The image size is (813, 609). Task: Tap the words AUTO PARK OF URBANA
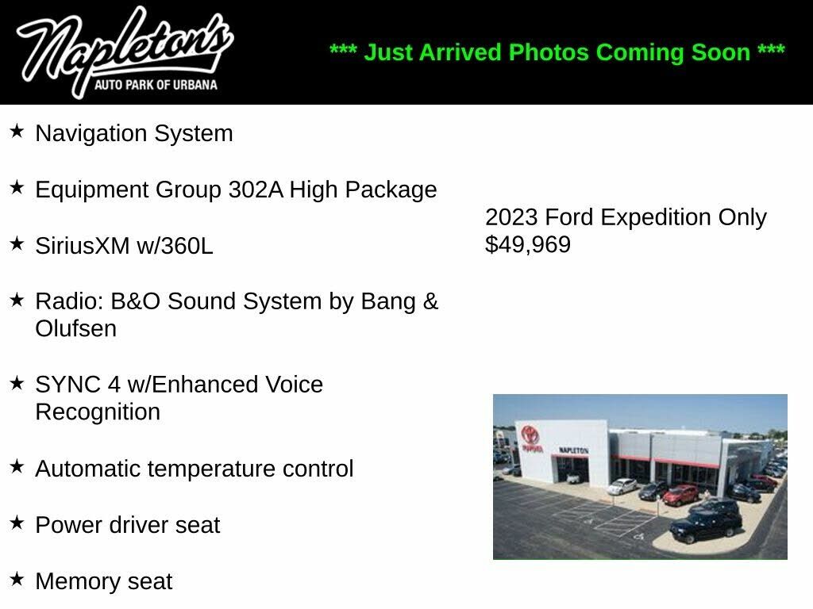[x=156, y=84]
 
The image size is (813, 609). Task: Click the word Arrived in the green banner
[x=460, y=52]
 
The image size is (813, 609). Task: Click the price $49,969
[x=528, y=244]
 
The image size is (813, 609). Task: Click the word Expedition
[x=655, y=217]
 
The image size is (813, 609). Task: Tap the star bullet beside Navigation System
[x=17, y=131]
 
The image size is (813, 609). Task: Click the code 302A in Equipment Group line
[x=256, y=190]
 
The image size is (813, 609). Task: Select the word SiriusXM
[x=83, y=246]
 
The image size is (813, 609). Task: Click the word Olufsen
[x=75, y=328]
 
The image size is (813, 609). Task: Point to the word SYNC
[x=68, y=385]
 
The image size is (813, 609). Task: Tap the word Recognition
[x=98, y=412]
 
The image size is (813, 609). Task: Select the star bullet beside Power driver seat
[x=17, y=523]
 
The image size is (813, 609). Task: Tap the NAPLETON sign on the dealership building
[x=573, y=450]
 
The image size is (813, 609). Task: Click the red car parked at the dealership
[x=680, y=495]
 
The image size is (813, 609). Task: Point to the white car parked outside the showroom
[x=622, y=486]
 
